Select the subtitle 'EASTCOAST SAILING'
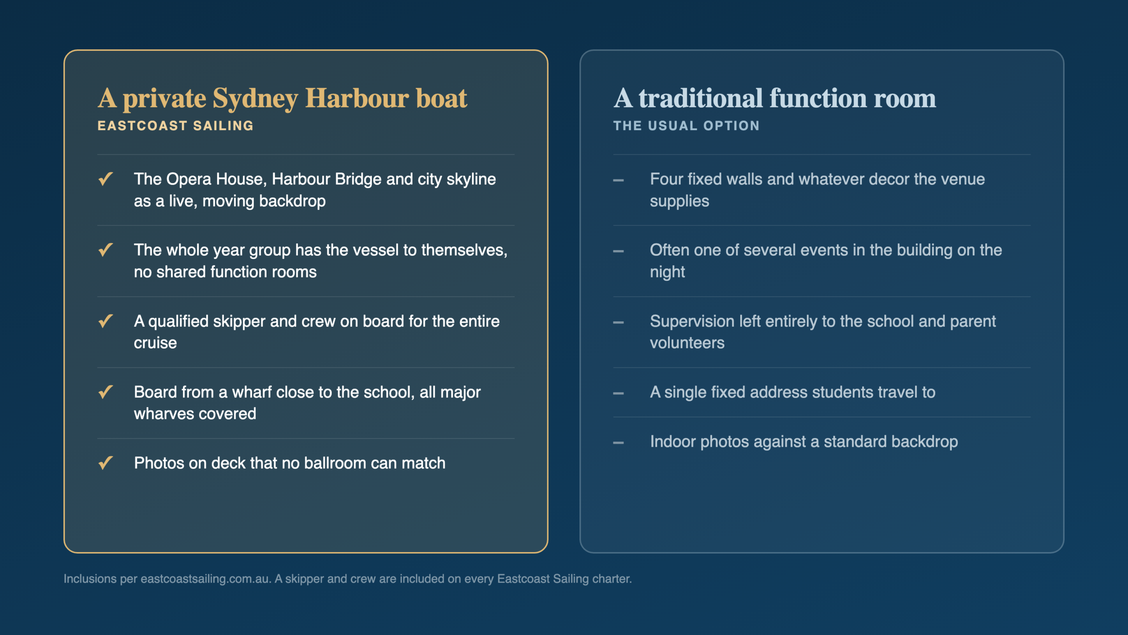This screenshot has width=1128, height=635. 175,126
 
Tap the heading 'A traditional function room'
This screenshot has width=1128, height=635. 775,98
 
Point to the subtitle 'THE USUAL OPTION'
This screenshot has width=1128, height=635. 686,126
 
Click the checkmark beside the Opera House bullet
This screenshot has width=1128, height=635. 106,179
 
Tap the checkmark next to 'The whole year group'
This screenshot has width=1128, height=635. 106,250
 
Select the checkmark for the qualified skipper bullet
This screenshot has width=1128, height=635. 106,321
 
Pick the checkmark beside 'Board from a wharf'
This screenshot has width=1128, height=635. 106,392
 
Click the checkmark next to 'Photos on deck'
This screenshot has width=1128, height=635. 106,463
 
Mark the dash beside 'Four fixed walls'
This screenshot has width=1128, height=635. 619,180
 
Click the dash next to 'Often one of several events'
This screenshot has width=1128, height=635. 619,251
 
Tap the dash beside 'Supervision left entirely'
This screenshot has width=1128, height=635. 619,322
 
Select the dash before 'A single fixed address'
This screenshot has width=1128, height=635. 619,393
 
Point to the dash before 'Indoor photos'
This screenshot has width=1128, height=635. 619,443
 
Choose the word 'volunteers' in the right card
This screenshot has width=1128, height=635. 687,343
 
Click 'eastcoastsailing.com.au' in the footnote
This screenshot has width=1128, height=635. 205,579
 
